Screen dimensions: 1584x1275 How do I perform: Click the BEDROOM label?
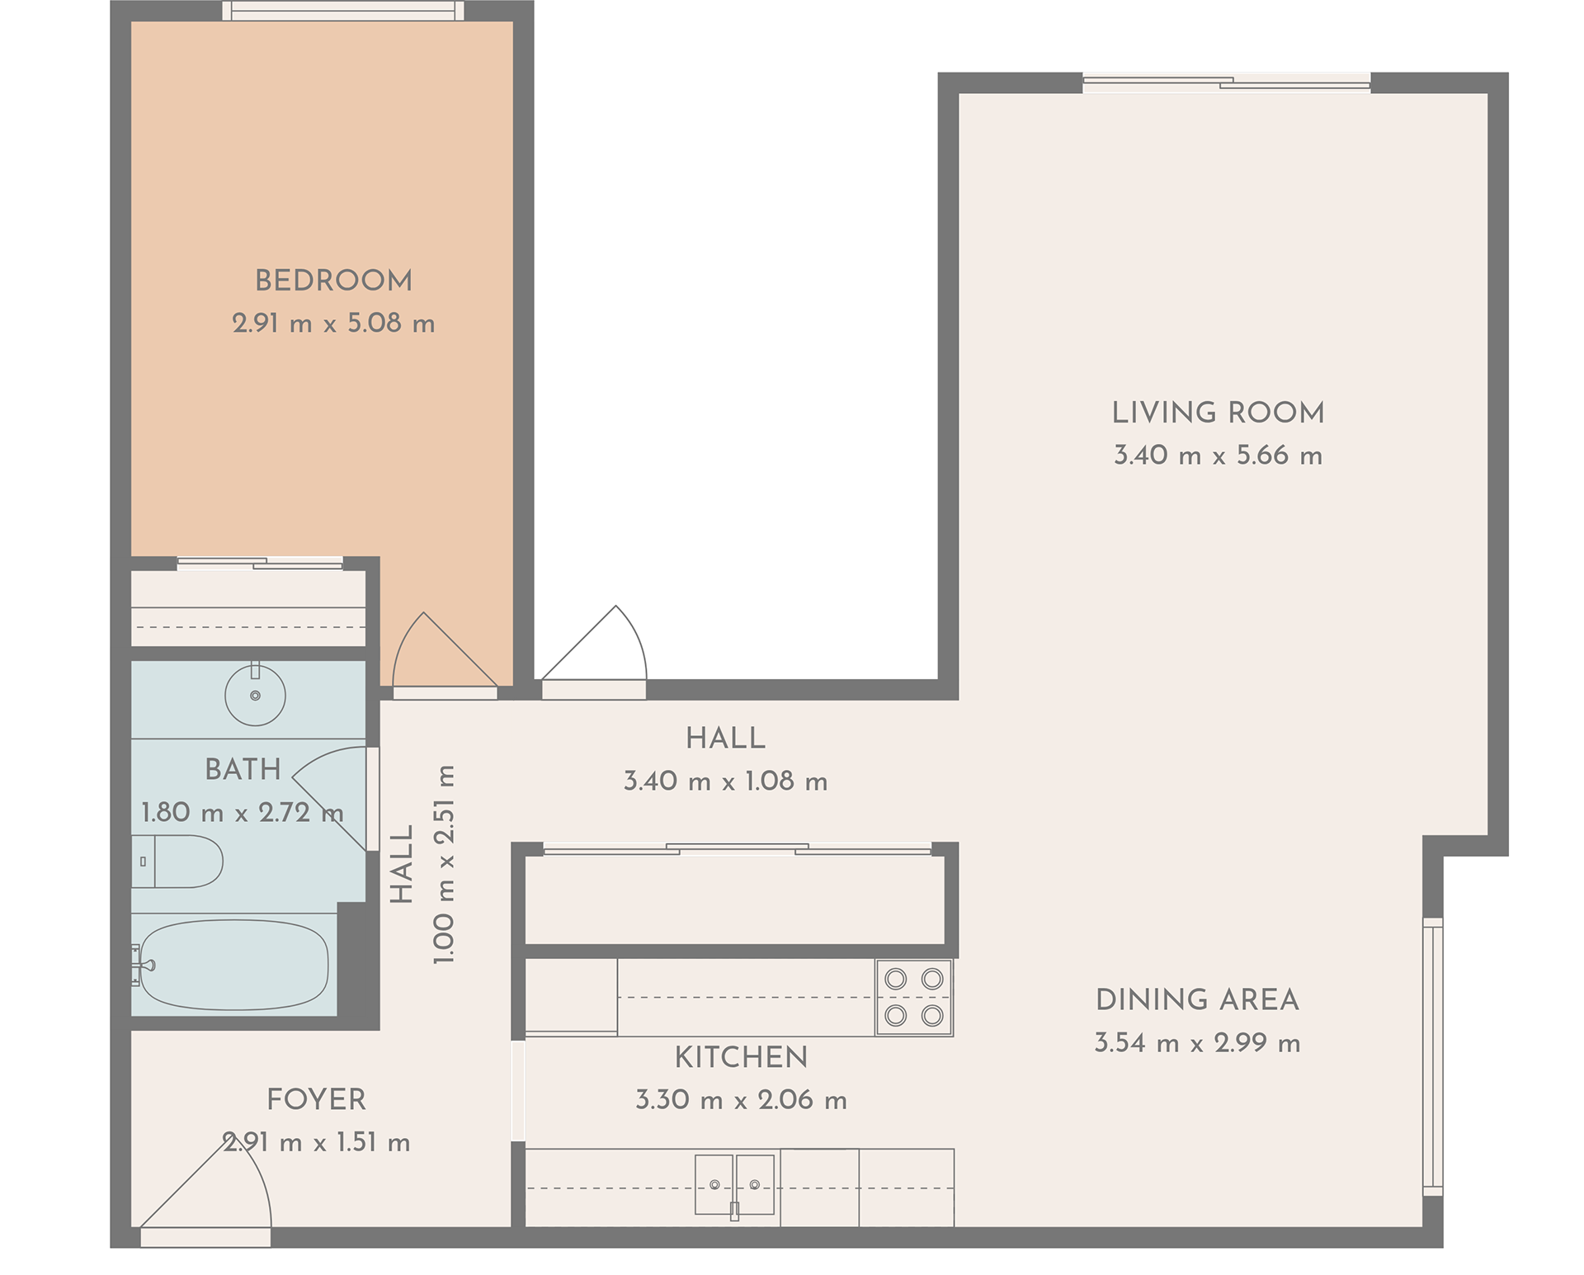pyautogui.click(x=333, y=281)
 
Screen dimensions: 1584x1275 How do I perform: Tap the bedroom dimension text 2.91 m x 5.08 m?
pyautogui.click(x=333, y=323)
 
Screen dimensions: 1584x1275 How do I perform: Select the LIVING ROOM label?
pyautogui.click(x=1218, y=413)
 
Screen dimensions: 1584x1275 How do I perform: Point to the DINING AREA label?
pyautogui.click(x=1197, y=1000)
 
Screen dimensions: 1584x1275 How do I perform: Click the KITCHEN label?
pyautogui.click(x=741, y=1057)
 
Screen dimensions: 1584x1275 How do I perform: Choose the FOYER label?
pyautogui.click(x=316, y=1099)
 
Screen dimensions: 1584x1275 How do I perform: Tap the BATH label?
pyautogui.click(x=243, y=769)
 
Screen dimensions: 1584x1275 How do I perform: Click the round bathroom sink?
pyautogui.click(x=256, y=695)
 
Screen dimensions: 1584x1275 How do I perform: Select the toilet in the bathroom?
pyautogui.click(x=177, y=862)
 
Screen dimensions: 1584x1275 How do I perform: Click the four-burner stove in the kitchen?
pyautogui.click(x=914, y=997)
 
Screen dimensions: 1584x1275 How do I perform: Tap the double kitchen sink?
pyautogui.click(x=734, y=1185)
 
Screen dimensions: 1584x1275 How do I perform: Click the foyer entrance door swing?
pyautogui.click(x=206, y=1188)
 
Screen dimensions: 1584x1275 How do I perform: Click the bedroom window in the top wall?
pyautogui.click(x=342, y=11)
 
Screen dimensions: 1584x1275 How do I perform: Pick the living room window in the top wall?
pyautogui.click(x=1227, y=83)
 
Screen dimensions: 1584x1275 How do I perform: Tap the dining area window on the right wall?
pyautogui.click(x=1433, y=1056)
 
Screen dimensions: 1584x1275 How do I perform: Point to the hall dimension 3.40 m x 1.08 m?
pyautogui.click(x=725, y=781)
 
